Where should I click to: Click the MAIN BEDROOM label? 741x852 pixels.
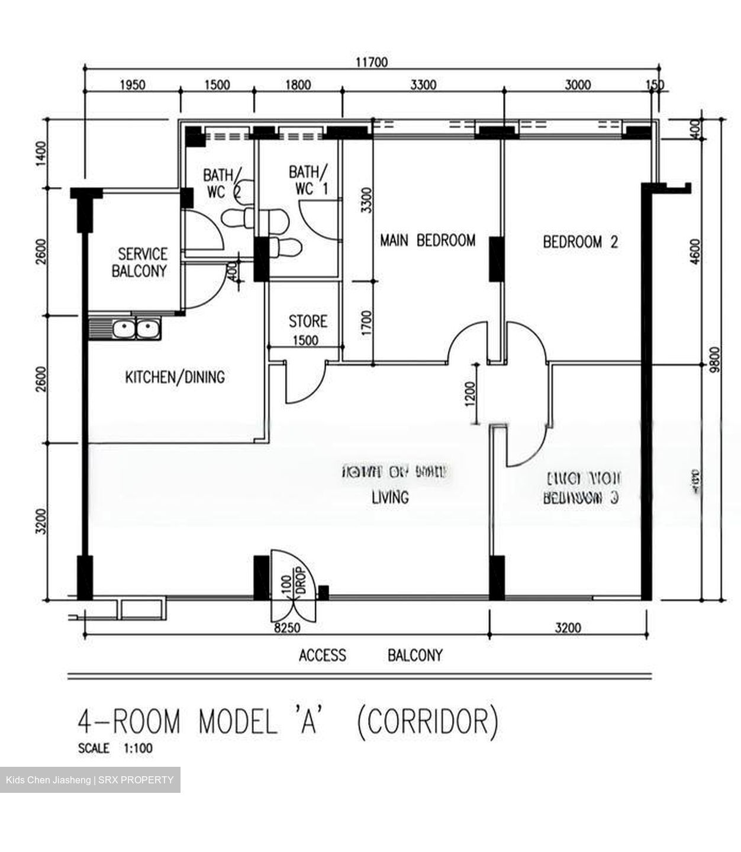(427, 240)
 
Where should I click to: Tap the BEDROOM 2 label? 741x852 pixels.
(580, 242)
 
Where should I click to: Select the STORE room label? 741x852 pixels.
(308, 321)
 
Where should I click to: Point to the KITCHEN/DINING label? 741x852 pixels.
(175, 377)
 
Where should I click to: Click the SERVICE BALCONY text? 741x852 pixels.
(142, 263)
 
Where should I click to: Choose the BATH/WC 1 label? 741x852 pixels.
(307, 180)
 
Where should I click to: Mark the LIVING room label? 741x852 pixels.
(390, 498)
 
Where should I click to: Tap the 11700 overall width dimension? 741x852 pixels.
(371, 62)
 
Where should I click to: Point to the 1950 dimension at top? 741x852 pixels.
(132, 85)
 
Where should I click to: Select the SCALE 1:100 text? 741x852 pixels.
(115, 748)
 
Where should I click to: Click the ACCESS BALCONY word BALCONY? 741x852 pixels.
(415, 656)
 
